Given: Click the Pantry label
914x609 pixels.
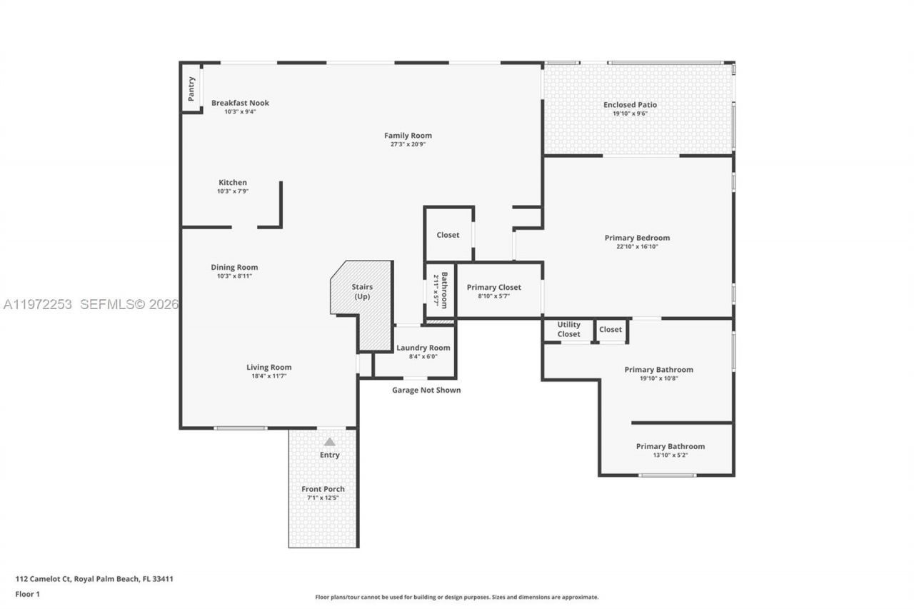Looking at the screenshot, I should pyautogui.click(x=191, y=89).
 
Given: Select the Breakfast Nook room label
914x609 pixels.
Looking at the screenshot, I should pyautogui.click(x=240, y=103).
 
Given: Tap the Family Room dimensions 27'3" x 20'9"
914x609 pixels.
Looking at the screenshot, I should pyautogui.click(x=408, y=144).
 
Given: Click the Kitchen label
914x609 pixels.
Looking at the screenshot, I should pyautogui.click(x=233, y=183).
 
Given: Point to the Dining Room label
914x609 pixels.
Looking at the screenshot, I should pyautogui.click(x=234, y=268).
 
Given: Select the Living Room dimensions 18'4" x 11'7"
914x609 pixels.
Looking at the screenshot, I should pyautogui.click(x=268, y=376).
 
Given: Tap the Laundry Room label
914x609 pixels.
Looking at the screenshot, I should pyautogui.click(x=423, y=348).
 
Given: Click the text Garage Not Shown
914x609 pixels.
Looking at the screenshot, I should pyautogui.click(x=426, y=390).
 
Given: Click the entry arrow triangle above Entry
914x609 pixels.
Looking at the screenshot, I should pyautogui.click(x=329, y=442).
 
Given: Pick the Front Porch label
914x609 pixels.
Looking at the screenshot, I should pyautogui.click(x=323, y=489).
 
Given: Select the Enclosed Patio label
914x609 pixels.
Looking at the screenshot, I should pyautogui.click(x=630, y=105).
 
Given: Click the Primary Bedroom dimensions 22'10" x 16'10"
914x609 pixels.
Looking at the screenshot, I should pyautogui.click(x=637, y=247).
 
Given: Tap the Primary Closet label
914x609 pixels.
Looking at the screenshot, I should pyautogui.click(x=494, y=287).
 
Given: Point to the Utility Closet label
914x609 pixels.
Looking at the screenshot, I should pyautogui.click(x=568, y=329).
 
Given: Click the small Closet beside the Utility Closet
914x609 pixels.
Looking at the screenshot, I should pyautogui.click(x=611, y=329).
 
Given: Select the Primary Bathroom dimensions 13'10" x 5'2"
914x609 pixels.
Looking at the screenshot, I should pyautogui.click(x=670, y=456).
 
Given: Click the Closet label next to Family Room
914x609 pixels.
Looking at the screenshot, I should pyautogui.click(x=448, y=235).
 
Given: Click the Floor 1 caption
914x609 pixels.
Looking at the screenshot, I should pyautogui.click(x=28, y=594).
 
